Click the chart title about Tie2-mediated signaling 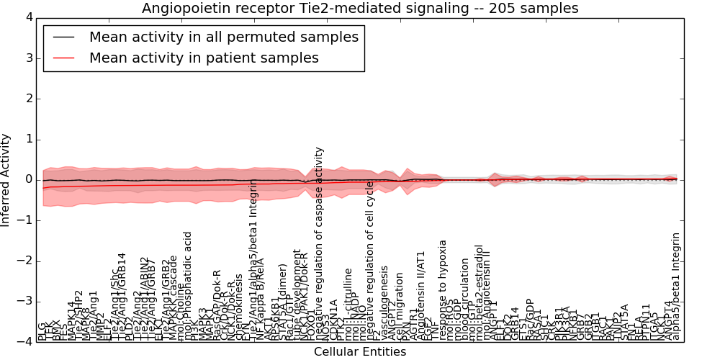click(x=360, y=8)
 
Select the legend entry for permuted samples click(x=223, y=37)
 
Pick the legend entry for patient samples click(x=204, y=58)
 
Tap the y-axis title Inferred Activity click(x=6, y=179)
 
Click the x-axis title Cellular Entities click(x=360, y=352)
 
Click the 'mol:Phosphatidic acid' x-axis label click(x=188, y=285)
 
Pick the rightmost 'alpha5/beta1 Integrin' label click(x=675, y=287)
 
